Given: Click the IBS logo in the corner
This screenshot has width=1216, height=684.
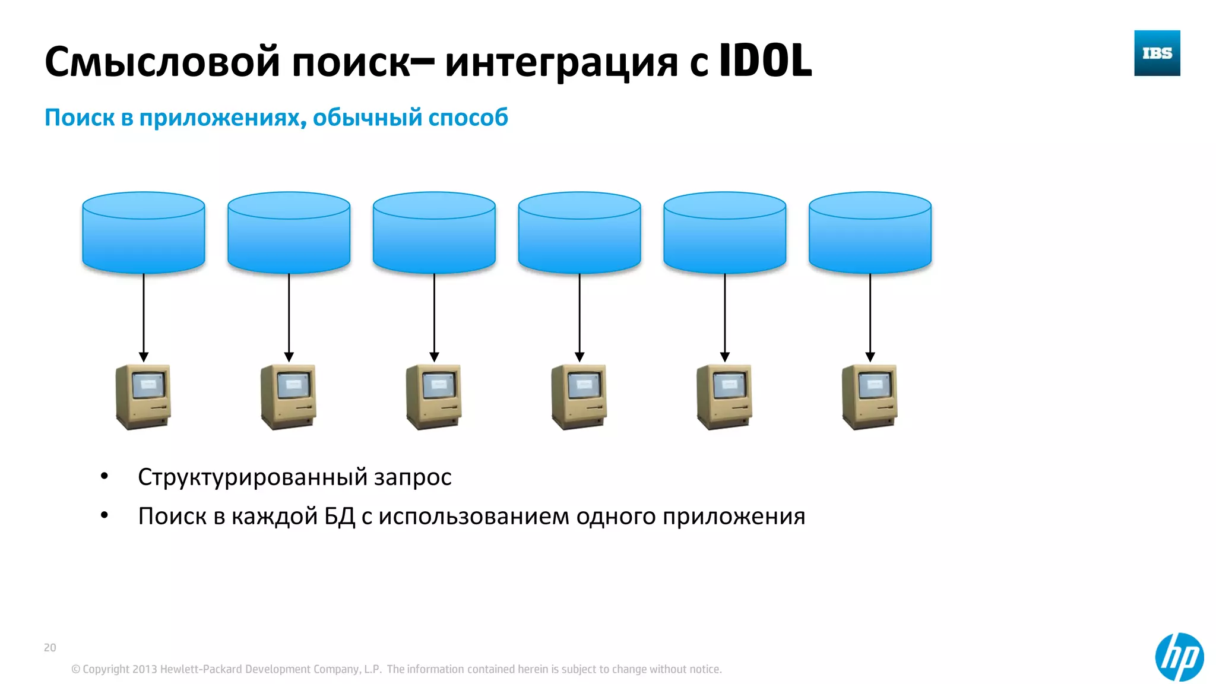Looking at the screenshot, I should point(1157,53).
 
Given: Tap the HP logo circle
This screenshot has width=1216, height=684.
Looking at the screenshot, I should point(1179,657).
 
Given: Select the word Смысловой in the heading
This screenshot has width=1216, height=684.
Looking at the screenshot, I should point(162,62).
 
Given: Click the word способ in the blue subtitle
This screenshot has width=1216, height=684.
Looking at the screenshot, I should point(468,118).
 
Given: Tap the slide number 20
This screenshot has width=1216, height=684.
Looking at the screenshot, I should point(50,647).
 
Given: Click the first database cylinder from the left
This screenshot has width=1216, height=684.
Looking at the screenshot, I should point(144,233).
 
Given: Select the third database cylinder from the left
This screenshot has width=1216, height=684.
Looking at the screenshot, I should point(434,233).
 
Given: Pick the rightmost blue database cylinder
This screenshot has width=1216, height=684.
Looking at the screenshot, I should point(870,233).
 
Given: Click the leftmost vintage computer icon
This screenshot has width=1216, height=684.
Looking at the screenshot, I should point(143,397).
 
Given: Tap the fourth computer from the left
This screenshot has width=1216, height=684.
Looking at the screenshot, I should point(579,397).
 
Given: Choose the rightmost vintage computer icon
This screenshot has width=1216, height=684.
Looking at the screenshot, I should point(870,397).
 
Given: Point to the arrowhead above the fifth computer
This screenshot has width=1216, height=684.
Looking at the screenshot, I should point(725,357).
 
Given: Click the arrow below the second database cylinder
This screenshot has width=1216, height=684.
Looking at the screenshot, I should point(289,315).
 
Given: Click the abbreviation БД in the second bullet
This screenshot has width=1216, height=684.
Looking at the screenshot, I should point(340,517).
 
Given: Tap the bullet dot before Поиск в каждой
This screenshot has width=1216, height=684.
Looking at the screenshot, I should point(104,515).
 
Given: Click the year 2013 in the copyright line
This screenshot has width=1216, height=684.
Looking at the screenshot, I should point(144,669).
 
